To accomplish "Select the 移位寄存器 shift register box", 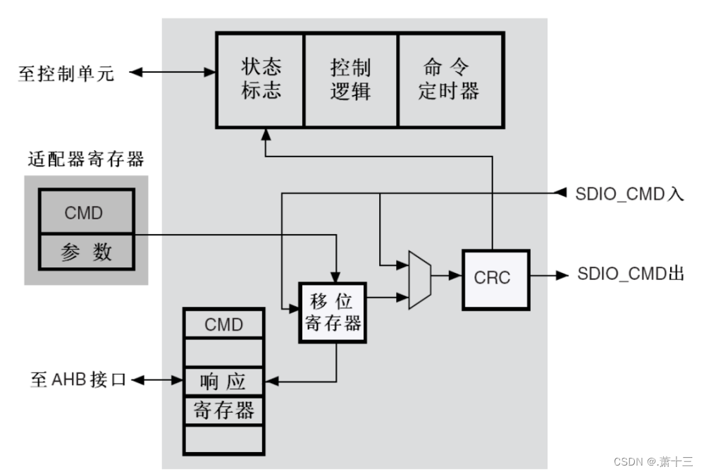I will click(335, 312).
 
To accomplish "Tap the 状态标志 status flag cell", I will click(261, 79).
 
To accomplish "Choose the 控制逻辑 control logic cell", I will click(350, 79).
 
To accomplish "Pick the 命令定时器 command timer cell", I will click(450, 79).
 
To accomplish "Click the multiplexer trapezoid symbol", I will click(419, 277).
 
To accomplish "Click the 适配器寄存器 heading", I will click(86, 159).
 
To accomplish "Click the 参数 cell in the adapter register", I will click(86, 252).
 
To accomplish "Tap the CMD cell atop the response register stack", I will click(224, 324).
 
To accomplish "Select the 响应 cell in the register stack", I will click(224, 382).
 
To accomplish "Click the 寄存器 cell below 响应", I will click(224, 411).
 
